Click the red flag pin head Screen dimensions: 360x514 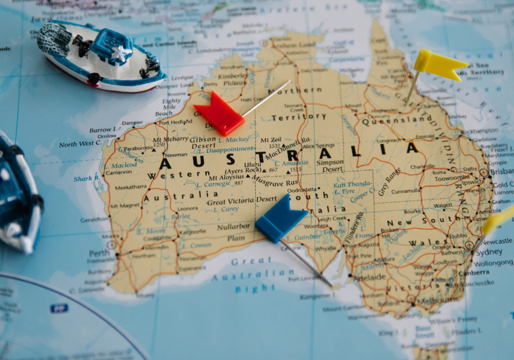pyautogui.click(x=219, y=114)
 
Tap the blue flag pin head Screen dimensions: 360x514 pyautogui.click(x=280, y=218)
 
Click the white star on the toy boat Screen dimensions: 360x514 pyautogui.click(x=120, y=53)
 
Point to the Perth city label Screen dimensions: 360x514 pyautogui.click(x=99, y=253)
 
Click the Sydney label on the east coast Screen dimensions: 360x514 pyautogui.click(x=489, y=252)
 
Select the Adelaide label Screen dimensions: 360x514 pyautogui.click(x=369, y=277)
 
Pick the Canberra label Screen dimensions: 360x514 pyautogui.click(x=474, y=273)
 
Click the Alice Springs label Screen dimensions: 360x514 pyautogui.click(x=319, y=146)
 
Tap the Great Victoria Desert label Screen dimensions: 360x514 pyautogui.click(x=242, y=201)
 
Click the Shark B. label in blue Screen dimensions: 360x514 pyautogui.click(x=87, y=179)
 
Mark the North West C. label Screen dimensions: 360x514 pyautogui.click(x=80, y=143)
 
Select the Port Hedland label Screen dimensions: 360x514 pyautogui.click(x=176, y=122)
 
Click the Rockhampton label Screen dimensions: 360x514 pyautogui.click(x=479, y=131)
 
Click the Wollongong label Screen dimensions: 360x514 pyautogui.click(x=493, y=263)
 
